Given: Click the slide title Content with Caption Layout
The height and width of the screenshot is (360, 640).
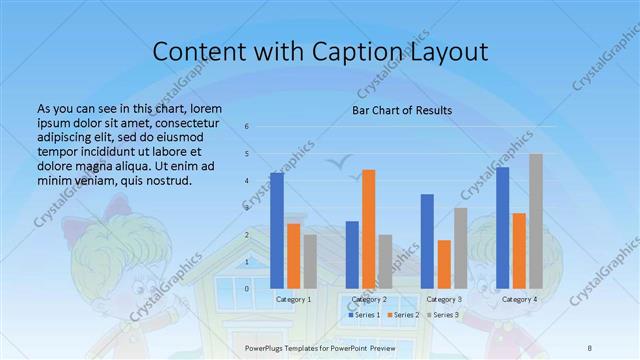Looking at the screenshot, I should click(x=320, y=52).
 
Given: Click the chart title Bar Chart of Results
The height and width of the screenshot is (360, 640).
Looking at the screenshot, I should click(x=401, y=110).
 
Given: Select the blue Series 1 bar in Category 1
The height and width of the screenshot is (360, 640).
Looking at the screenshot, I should click(x=277, y=230).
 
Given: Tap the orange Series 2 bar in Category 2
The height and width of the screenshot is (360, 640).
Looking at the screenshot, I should click(x=368, y=229).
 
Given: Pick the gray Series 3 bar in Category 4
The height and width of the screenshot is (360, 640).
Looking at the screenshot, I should click(x=536, y=221).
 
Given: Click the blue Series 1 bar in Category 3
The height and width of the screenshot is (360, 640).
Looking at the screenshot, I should click(x=428, y=241).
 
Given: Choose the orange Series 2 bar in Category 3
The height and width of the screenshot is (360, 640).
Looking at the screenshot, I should click(x=444, y=264).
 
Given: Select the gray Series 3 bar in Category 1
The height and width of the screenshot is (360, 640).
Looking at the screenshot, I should click(x=310, y=261).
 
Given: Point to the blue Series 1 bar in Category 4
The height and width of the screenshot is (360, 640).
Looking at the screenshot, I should click(x=503, y=227).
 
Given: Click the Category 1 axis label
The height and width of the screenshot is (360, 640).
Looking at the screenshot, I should click(x=293, y=299).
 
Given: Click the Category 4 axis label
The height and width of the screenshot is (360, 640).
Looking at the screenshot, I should click(x=519, y=299).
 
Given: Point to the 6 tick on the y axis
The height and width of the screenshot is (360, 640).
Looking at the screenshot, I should click(x=247, y=127).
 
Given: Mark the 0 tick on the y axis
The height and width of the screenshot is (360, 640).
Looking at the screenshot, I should click(x=247, y=288).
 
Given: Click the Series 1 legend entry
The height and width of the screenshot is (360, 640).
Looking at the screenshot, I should click(x=366, y=315).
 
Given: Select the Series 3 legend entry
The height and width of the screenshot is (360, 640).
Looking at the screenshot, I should click(x=445, y=315).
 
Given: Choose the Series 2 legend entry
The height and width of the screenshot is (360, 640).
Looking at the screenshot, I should click(x=405, y=315).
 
